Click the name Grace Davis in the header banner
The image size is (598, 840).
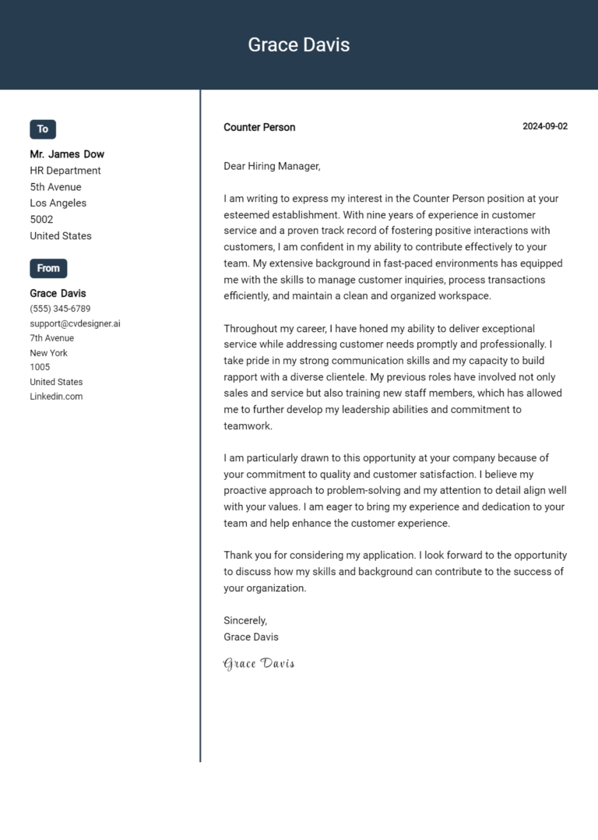click(x=298, y=45)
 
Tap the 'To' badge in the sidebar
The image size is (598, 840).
click(x=43, y=129)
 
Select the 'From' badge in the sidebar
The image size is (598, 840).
click(x=48, y=268)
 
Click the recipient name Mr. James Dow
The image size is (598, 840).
click(x=67, y=154)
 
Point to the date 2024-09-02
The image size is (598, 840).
click(x=544, y=126)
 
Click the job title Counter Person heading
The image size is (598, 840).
click(x=259, y=127)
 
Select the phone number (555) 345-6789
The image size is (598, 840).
click(x=60, y=309)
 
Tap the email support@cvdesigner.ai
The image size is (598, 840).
click(x=75, y=323)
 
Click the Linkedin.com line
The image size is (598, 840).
click(x=56, y=397)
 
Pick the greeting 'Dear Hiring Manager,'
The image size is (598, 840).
click(x=272, y=166)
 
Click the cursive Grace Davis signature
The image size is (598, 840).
click(x=259, y=664)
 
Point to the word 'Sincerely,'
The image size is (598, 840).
click(x=245, y=621)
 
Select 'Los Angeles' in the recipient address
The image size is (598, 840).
click(x=58, y=203)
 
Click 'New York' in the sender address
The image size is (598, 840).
click(x=48, y=353)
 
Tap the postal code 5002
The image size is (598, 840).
click(x=41, y=220)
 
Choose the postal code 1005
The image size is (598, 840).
click(x=40, y=367)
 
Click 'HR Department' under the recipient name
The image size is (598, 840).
click(x=65, y=171)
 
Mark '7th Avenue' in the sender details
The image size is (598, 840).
click(x=51, y=338)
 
